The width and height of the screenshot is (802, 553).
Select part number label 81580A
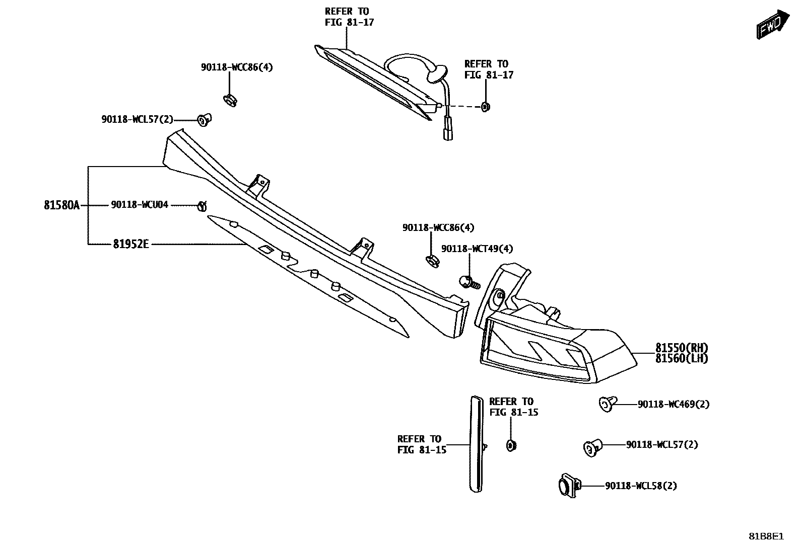tap(61, 205)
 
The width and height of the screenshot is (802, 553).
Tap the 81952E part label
tap(130, 245)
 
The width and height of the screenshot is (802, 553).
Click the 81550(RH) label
tap(681, 348)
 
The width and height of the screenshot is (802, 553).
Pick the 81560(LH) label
tap(681, 359)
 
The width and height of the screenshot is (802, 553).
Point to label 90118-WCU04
tap(140, 205)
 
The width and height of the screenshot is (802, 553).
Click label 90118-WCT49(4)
tap(477, 249)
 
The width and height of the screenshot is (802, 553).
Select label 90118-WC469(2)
tap(673, 405)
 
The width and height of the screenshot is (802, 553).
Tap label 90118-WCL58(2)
tap(641, 486)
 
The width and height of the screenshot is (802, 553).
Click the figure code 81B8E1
tap(766, 536)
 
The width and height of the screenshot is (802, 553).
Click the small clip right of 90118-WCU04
tap(203, 205)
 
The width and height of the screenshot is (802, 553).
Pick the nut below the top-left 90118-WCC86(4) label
tap(230, 100)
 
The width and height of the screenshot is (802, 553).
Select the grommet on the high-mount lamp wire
tap(437, 73)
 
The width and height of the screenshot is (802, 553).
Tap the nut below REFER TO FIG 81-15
tap(510, 445)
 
